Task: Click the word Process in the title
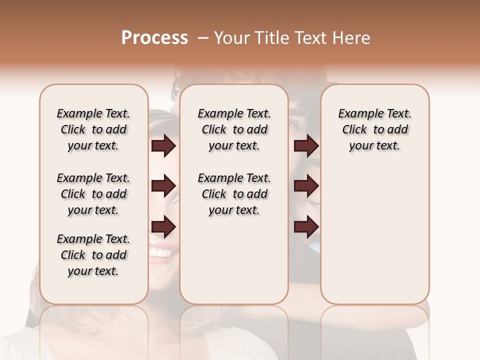point(154,38)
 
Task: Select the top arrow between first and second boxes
point(163,146)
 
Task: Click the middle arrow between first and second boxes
point(163,186)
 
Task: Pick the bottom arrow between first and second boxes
point(163,227)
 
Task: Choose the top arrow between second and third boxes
point(306,146)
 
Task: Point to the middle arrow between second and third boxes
point(306,186)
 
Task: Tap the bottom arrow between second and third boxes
point(306,227)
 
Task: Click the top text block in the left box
point(93,129)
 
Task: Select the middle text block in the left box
point(93,194)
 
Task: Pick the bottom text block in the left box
point(93,255)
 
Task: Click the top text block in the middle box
point(234,129)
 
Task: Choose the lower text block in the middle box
point(234,194)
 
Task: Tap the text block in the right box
point(374,129)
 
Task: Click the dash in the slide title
point(202,38)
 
